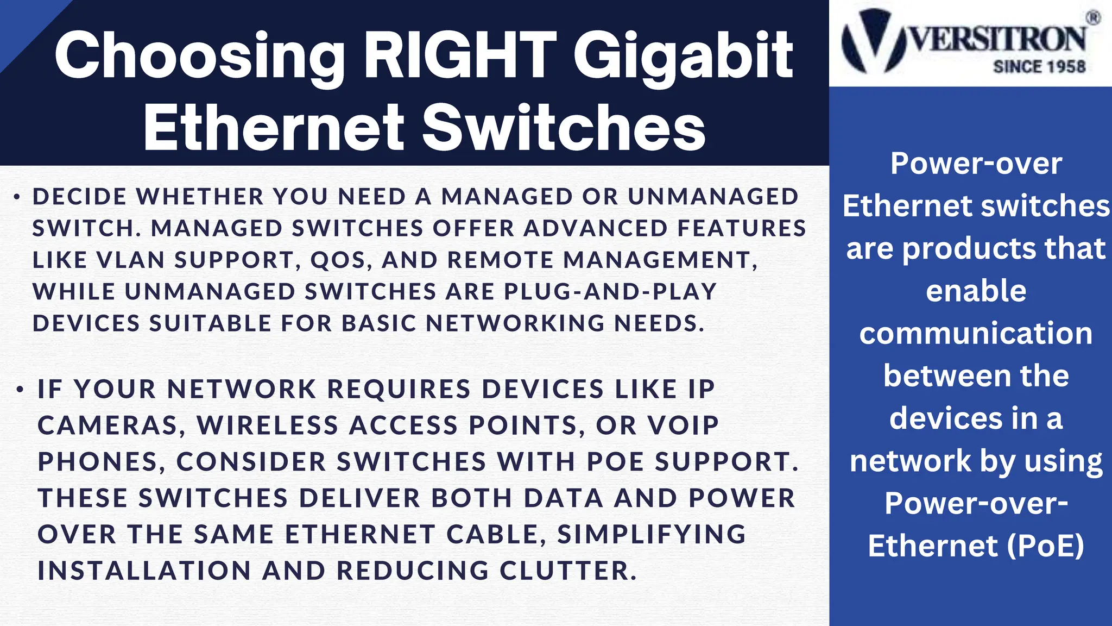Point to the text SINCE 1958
click(1039, 67)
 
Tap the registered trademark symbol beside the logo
click(1093, 18)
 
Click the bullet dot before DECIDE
click(17, 197)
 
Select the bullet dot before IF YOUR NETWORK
click(20, 390)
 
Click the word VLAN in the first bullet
click(130, 260)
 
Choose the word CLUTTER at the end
click(567, 571)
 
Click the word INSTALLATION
click(144, 571)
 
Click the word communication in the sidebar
click(976, 333)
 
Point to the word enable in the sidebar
click(976, 291)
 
